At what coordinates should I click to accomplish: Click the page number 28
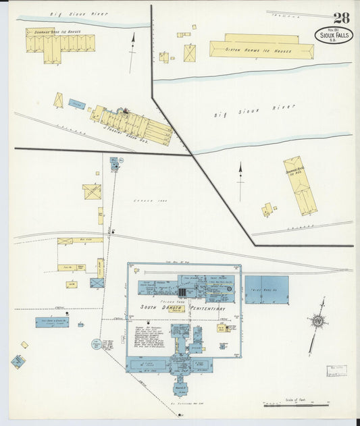pos(340,18)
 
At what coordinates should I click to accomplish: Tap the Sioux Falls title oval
pos(333,34)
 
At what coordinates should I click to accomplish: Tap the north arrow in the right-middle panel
pos(240,180)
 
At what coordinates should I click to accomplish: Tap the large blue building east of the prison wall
pos(266,289)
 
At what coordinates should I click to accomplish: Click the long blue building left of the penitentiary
pos(52,323)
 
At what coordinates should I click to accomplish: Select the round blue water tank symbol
pos(97,344)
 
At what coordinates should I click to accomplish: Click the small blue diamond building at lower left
pos(18,361)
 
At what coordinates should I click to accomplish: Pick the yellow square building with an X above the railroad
pos(92,192)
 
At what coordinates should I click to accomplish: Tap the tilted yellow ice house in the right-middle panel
pos(300,185)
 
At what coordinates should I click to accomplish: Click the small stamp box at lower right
pos(336,371)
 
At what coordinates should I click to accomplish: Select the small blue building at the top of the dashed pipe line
pos(114,163)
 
